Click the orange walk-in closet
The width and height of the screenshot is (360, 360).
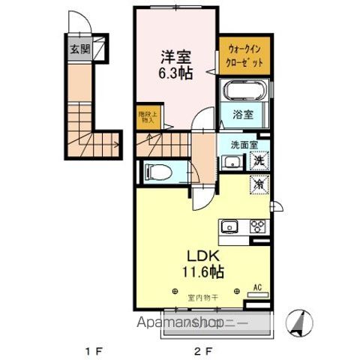click(x=244, y=57)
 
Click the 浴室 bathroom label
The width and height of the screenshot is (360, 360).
click(x=242, y=115)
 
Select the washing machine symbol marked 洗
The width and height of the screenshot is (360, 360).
click(x=257, y=160)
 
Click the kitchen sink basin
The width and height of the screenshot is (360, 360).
click(x=229, y=226)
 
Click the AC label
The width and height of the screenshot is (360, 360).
click(x=256, y=287)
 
